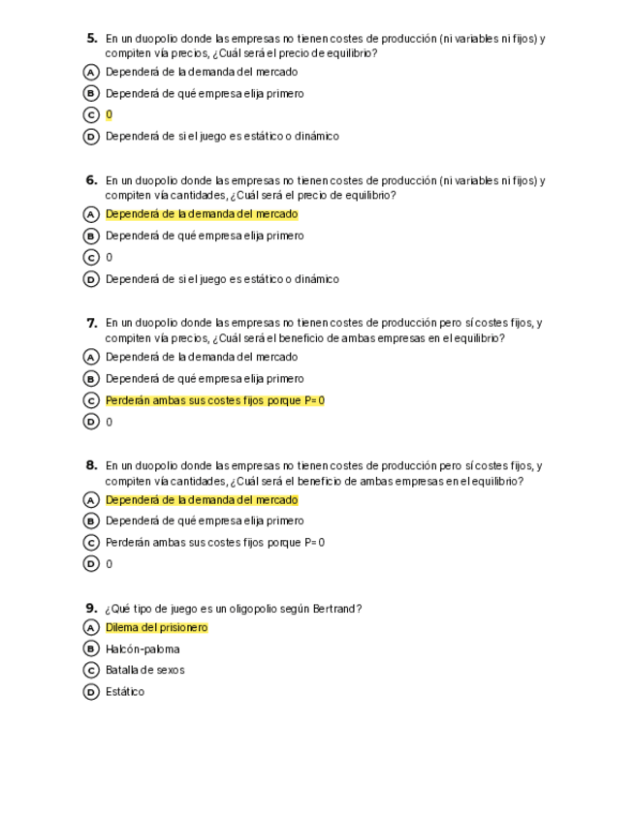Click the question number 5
coord(92,39)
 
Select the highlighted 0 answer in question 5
coord(109,114)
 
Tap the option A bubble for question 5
coord(92,72)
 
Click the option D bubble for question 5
coord(92,137)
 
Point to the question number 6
coord(92,180)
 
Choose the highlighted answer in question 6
coord(202,214)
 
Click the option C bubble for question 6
coord(92,258)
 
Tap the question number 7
coord(92,323)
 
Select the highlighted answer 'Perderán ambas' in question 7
coord(214,400)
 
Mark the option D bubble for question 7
coord(92,422)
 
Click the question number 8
coord(92,465)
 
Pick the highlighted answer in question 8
coord(202,500)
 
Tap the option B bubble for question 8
coord(92,522)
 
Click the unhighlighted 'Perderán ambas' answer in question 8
coord(214,543)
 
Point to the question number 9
coord(92,609)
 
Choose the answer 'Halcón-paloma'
coord(143,649)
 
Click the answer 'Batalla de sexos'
coord(144,670)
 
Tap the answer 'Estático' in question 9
coord(125,692)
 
